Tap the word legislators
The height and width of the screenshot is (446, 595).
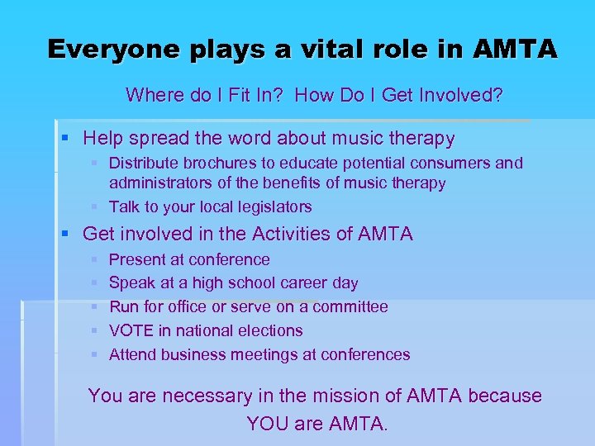pyautogui.click(x=270, y=206)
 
